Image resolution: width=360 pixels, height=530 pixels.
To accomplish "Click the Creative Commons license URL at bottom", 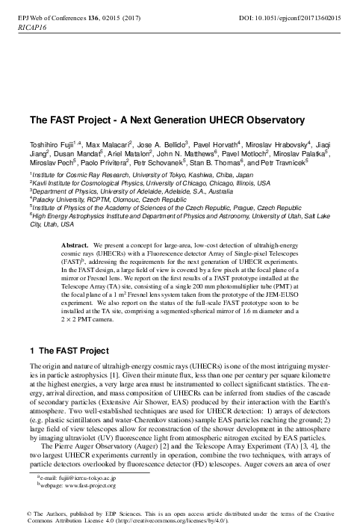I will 153,522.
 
